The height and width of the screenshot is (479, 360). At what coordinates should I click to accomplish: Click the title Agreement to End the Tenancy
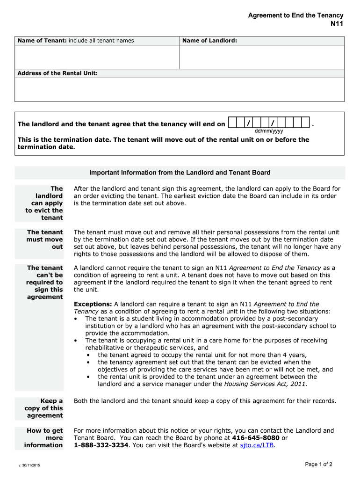coord(295,15)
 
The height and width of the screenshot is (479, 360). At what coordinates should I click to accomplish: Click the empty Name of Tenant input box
coord(97,57)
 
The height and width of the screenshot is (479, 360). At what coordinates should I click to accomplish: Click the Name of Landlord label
coord(209,41)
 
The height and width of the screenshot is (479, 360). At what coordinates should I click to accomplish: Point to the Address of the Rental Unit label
coord(58,73)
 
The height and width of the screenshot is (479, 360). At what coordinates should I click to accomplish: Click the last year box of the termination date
coord(305,123)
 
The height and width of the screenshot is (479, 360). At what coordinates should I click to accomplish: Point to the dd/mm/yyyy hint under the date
coord(268,131)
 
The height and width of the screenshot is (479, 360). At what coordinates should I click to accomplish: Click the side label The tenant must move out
coord(45,239)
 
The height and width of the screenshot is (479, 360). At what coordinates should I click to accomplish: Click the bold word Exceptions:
coord(93,304)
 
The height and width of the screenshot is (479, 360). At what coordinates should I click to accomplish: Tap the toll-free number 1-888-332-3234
coord(101,445)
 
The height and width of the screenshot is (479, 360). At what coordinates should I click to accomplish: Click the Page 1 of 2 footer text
coord(318,464)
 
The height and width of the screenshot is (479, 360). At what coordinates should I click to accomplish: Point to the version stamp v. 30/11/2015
coord(29,466)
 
